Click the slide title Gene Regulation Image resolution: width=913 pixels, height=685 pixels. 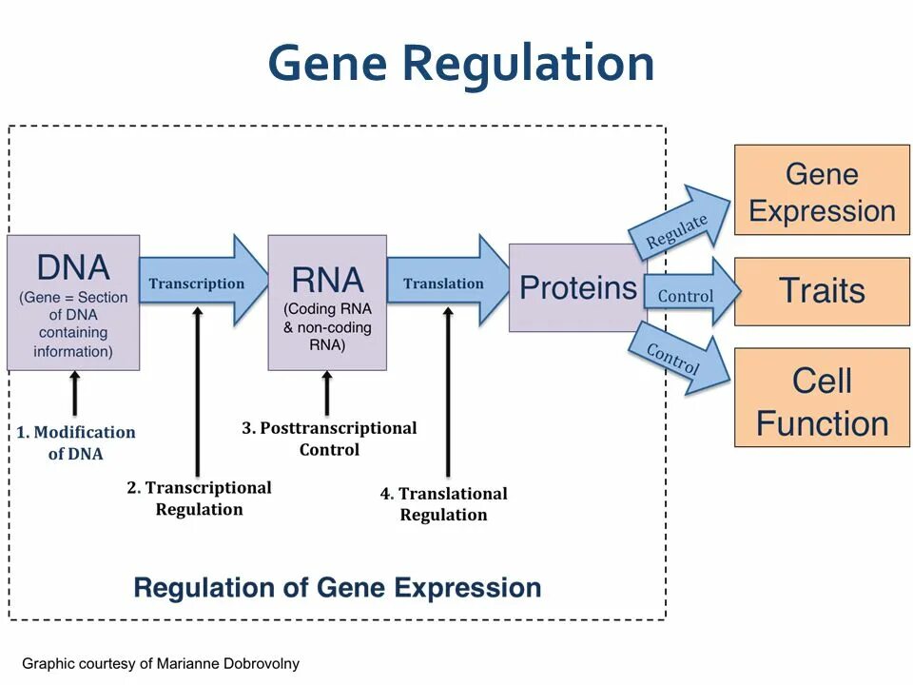point(460,64)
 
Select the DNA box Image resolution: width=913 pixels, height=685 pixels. point(73,303)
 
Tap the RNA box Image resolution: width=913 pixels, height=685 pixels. point(327,303)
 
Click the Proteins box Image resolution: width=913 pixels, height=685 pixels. point(577,287)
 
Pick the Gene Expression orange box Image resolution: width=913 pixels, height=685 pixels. point(822,190)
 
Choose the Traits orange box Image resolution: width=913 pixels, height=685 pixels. point(822,290)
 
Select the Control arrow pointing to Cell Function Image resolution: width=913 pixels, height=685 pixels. point(677,359)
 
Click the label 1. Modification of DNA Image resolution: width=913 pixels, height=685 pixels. point(76,442)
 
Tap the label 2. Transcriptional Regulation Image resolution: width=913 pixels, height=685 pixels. point(200,499)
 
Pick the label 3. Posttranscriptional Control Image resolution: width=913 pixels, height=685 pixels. point(329,439)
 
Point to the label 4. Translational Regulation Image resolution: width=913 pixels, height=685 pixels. point(444,504)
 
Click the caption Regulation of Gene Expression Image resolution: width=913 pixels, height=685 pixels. point(338,587)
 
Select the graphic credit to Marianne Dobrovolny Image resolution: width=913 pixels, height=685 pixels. point(161,663)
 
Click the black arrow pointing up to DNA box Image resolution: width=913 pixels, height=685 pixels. point(75,393)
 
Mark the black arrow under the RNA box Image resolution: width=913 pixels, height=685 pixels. point(327,393)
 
